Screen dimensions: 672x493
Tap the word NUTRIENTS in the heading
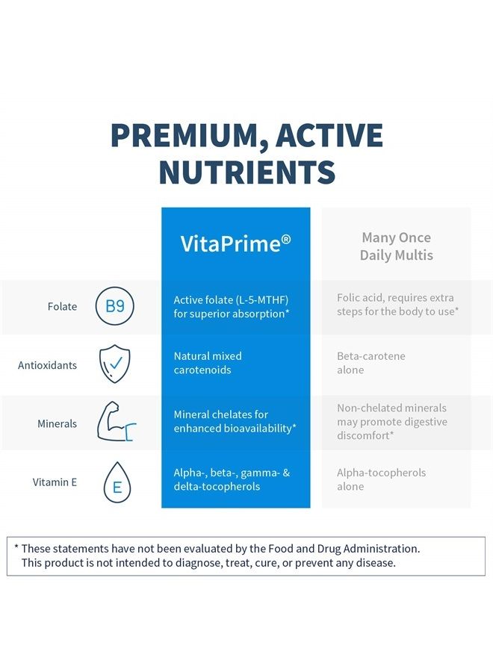pyautogui.click(x=246, y=172)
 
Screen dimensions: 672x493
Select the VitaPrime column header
pyautogui.click(x=235, y=243)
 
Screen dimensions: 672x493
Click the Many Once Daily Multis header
pyautogui.click(x=396, y=246)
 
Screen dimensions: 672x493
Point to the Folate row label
pyautogui.click(x=63, y=306)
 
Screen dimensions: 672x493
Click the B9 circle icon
pyautogui.click(x=115, y=306)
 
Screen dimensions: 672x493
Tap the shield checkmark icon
pyautogui.click(x=115, y=364)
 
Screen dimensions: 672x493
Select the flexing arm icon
pyautogui.click(x=117, y=423)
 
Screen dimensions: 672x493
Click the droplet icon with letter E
pyautogui.click(x=116, y=482)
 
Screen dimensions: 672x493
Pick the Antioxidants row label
pyautogui.click(x=47, y=365)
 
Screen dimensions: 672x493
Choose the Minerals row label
pyautogui.click(x=57, y=423)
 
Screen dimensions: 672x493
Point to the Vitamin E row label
pyautogui.click(x=55, y=482)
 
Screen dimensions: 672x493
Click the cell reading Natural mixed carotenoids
pyautogui.click(x=208, y=363)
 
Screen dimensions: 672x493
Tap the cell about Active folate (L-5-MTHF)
pyautogui.click(x=231, y=306)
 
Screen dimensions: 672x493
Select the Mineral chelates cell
pyautogui.click(x=235, y=421)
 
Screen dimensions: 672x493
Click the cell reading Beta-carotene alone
pyautogui.click(x=370, y=363)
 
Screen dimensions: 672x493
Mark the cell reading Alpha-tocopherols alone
pyautogui.click(x=381, y=479)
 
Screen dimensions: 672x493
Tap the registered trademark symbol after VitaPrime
pyautogui.click(x=286, y=239)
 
